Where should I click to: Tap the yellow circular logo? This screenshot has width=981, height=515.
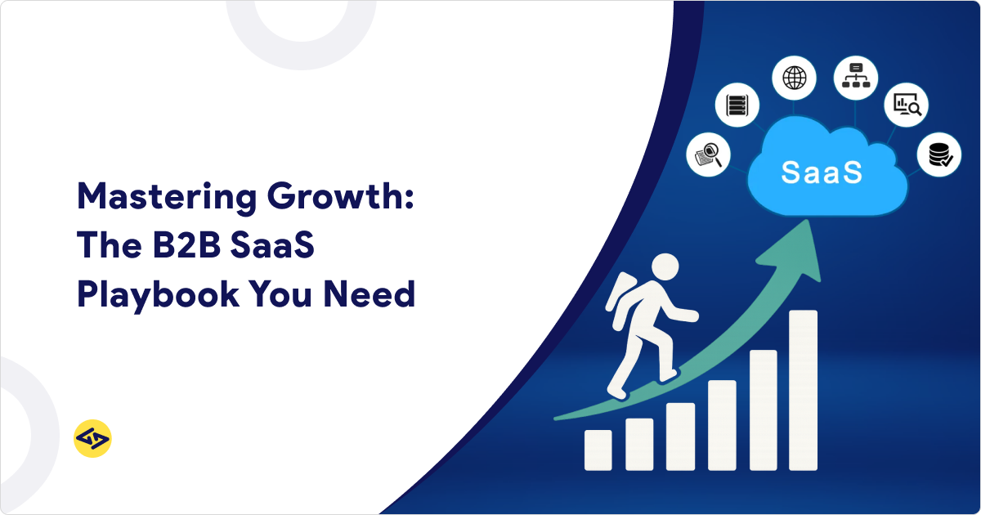(x=92, y=439)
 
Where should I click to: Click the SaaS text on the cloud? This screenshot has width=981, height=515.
(x=821, y=173)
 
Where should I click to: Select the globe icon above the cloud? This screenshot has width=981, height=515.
(x=794, y=78)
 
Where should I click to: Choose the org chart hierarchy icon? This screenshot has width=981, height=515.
(x=856, y=78)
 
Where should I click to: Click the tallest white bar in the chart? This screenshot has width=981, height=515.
(x=803, y=390)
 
